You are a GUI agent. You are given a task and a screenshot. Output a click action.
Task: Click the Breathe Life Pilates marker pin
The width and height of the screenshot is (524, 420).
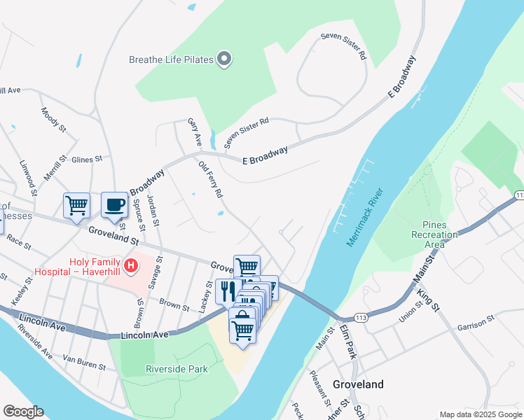point(225,59)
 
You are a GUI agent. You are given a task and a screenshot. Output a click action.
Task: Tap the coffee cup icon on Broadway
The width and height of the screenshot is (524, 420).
point(115,206)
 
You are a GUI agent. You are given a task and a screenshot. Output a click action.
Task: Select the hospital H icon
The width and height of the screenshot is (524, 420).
point(130,266)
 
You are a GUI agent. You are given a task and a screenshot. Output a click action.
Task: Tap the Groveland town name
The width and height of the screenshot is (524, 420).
point(358,384)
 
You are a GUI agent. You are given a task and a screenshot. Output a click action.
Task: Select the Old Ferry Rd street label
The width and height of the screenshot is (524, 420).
point(211,179)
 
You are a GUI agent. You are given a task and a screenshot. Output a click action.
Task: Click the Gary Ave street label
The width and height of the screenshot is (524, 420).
point(194,133)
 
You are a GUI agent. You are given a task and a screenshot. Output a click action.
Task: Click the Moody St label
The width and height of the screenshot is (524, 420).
point(53,120)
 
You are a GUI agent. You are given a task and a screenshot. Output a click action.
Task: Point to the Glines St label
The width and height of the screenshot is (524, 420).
point(87,160)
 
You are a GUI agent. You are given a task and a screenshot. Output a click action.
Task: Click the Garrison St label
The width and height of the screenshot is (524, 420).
point(476,327)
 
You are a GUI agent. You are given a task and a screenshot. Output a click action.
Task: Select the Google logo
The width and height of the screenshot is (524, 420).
point(24,412)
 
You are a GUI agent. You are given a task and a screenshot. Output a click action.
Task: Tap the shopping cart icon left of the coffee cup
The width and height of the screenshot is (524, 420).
point(76,206)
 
